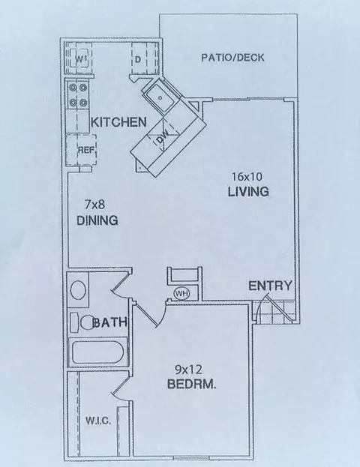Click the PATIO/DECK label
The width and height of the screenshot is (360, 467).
[x=232, y=58]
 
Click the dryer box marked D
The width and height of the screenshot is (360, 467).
[x=139, y=58]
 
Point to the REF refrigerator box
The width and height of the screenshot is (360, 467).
[x=84, y=150]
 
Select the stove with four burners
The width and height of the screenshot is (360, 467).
[x=78, y=96]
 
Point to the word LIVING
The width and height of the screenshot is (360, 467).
[x=248, y=192]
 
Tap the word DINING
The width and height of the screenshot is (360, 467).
[x=98, y=221]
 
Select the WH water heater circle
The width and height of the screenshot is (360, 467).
[x=181, y=292]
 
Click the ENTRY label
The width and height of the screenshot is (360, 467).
[x=270, y=286]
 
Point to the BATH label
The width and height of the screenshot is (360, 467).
[x=110, y=323]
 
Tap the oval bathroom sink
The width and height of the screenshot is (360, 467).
[x=78, y=291]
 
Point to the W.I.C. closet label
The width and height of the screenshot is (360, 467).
[x=98, y=421]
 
